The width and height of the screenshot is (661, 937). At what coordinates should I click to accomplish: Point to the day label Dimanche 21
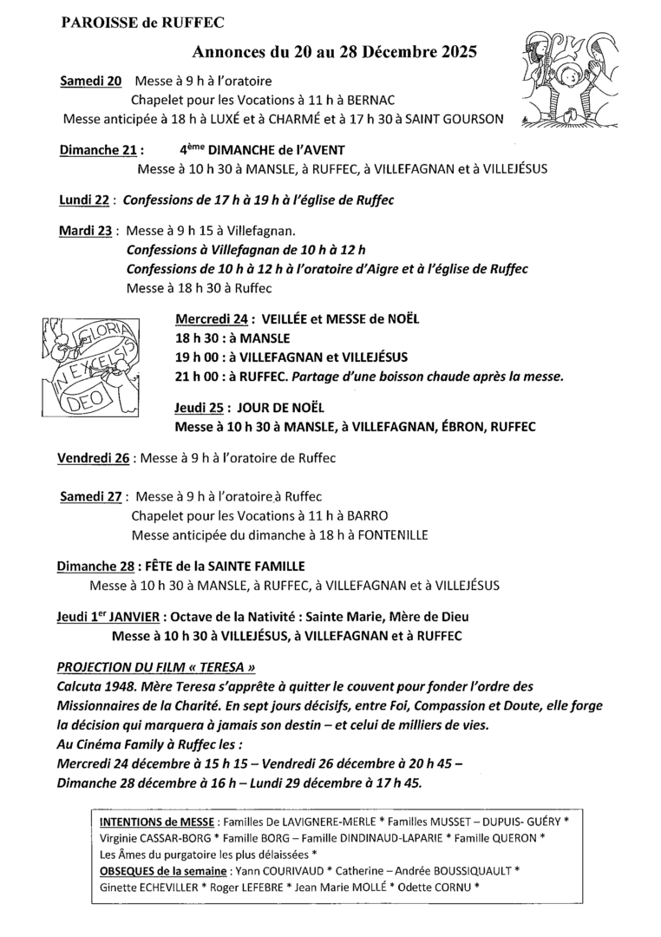pos(96,149)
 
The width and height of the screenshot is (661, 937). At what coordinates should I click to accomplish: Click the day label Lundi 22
pos(83,200)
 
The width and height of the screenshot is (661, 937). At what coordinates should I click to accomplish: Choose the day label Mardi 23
pos(86,232)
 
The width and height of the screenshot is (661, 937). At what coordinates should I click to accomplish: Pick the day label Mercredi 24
pos(212,318)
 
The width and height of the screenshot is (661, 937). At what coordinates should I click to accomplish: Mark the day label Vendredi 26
pos(93,457)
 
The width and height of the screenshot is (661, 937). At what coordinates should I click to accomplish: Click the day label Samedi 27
pos(92,497)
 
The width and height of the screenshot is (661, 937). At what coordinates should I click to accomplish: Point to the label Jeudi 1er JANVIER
pos(108,616)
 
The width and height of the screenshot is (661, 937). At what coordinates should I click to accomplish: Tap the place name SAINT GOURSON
pos(457,119)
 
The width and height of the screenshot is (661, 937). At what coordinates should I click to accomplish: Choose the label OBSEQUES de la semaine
pos(161,869)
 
